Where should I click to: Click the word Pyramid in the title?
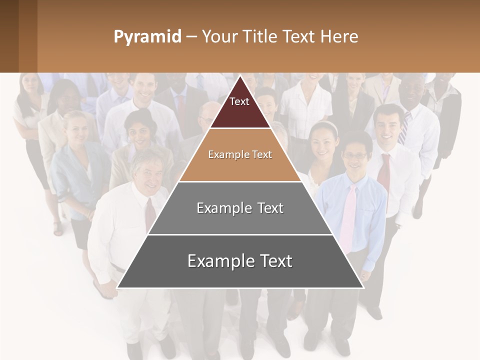click(x=147, y=37)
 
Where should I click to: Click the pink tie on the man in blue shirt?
click(x=348, y=215)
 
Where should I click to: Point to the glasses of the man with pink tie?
click(x=355, y=156)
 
